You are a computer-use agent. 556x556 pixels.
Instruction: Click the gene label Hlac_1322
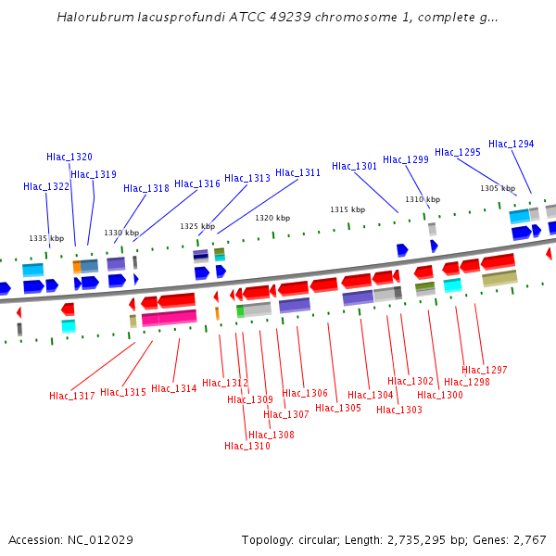(x=46, y=186)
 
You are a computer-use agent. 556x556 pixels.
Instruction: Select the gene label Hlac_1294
(x=512, y=144)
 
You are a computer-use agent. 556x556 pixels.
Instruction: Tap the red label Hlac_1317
(x=72, y=396)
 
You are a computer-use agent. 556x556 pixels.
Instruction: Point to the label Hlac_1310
(x=247, y=446)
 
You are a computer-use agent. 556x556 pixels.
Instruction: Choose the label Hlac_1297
(x=485, y=370)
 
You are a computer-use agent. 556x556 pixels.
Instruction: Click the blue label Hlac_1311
(x=298, y=172)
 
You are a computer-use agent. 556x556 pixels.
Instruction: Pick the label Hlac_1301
(x=355, y=166)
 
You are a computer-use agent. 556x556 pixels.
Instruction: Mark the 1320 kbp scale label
(x=272, y=218)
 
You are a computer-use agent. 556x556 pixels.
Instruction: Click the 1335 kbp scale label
(x=46, y=238)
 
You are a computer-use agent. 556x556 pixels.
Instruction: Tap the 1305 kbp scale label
(x=498, y=188)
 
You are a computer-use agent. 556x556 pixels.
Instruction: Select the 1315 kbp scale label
(x=347, y=209)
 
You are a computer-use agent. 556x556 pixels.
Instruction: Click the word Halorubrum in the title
(x=91, y=17)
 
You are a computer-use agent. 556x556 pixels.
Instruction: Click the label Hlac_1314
(x=174, y=388)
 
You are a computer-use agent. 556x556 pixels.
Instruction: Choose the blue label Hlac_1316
(x=197, y=183)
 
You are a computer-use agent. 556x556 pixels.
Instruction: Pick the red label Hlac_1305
(x=338, y=408)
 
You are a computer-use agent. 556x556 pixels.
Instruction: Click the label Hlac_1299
(x=406, y=159)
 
